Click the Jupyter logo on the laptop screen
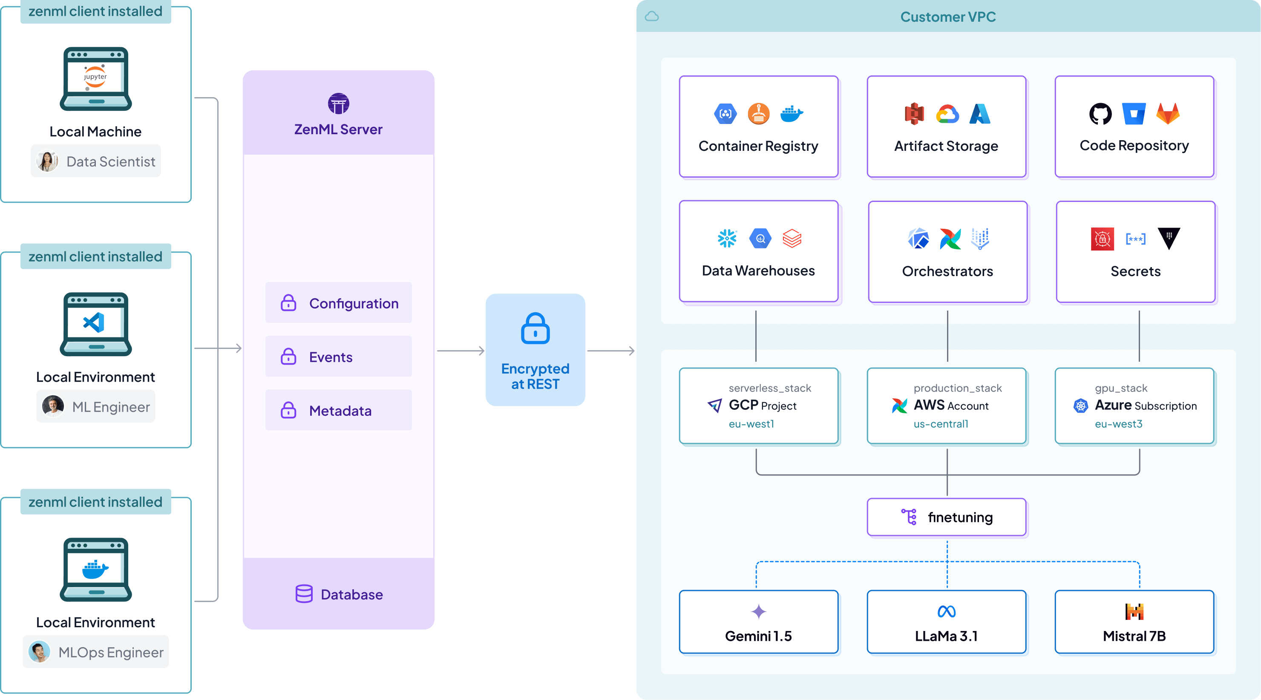coord(95,77)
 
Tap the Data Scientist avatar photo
coord(47,161)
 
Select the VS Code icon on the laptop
coord(95,323)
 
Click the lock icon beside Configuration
coord(288,303)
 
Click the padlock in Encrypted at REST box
coord(535,328)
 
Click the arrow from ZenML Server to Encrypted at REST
coord(460,351)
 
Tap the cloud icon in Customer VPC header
coord(651,17)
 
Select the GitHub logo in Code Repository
coord(1100,114)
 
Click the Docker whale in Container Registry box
coord(791,114)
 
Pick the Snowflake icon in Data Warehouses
coord(727,239)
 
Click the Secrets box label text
coord(1135,271)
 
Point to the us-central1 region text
coord(940,424)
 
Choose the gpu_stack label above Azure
coord(1120,388)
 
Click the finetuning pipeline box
coord(946,517)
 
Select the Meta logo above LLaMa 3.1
coord(946,611)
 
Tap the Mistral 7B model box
coord(1134,622)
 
